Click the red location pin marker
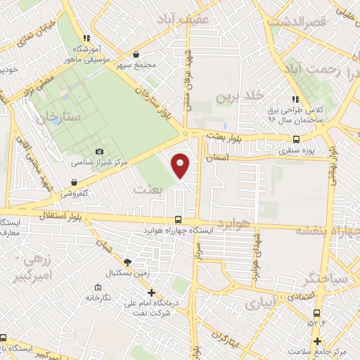tap(181, 165)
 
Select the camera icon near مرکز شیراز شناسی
tap(99, 152)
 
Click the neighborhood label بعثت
tap(148, 190)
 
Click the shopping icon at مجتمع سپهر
tap(136, 54)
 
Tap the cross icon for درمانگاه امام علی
tap(150, 293)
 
